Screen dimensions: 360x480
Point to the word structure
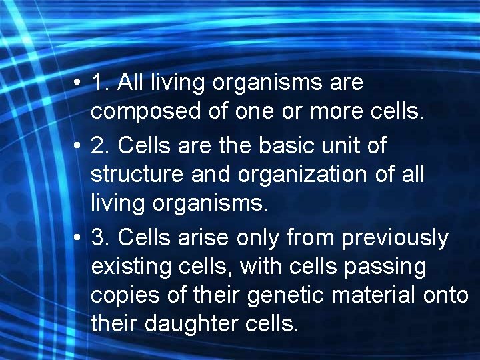click(x=135, y=175)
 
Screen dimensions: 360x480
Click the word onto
click(x=447, y=296)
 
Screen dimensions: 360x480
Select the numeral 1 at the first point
click(x=98, y=83)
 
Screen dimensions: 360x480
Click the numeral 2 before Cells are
click(x=99, y=145)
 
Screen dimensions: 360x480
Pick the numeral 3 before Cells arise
click(x=99, y=237)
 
